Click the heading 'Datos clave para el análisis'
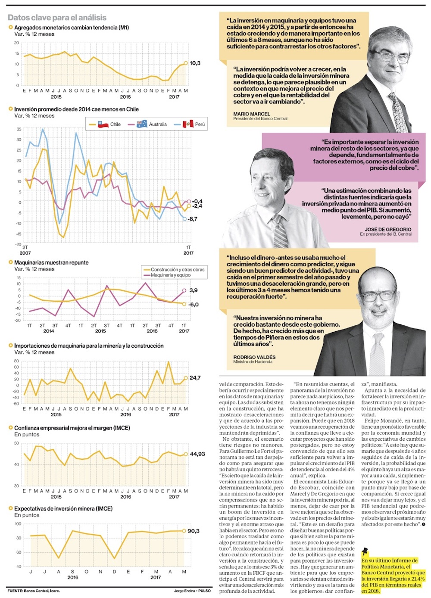click(57, 18)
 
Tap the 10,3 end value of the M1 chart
click(195, 63)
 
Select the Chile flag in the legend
click(103, 124)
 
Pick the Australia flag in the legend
click(142, 124)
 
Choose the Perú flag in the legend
click(188, 124)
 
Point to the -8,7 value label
click(193, 219)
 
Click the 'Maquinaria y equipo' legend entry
click(171, 275)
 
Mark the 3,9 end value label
click(194, 290)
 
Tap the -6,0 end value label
click(194, 305)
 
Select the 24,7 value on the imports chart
click(195, 378)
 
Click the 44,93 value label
click(197, 454)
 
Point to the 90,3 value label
click(194, 531)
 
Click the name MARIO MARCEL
click(252, 114)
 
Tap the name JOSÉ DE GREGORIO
click(388, 229)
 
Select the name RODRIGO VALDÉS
click(254, 357)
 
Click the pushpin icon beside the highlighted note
click(365, 551)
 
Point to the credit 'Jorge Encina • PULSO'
click(192, 591)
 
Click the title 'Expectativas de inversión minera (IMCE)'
click(63, 509)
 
